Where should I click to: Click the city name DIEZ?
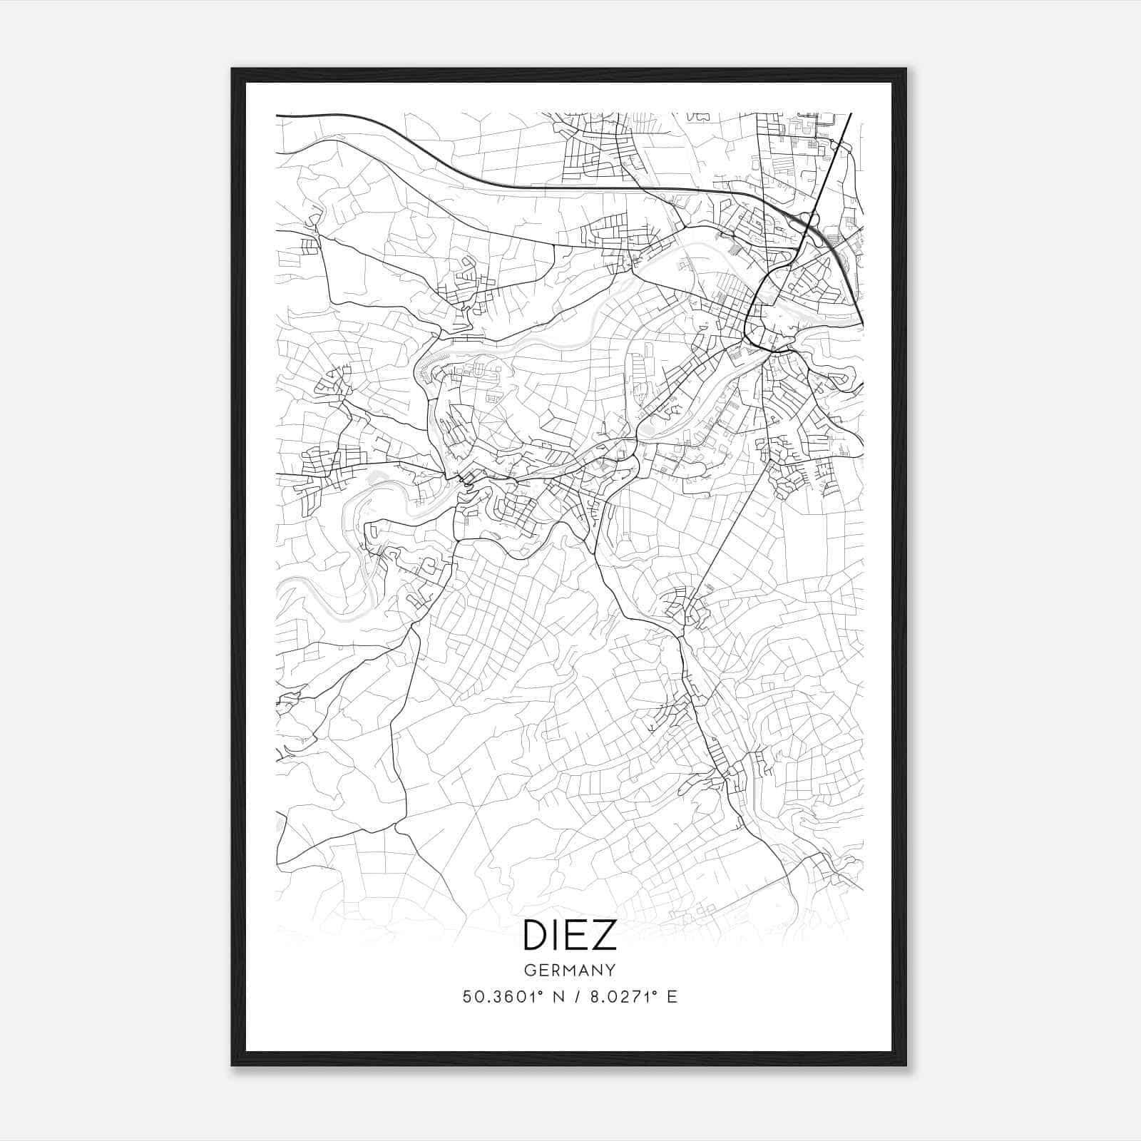pos(570,935)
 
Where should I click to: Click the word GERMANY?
pos(570,971)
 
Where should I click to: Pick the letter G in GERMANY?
pos(529,971)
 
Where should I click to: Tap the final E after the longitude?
pos(672,997)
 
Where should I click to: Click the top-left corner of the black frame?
pos(233,70)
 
